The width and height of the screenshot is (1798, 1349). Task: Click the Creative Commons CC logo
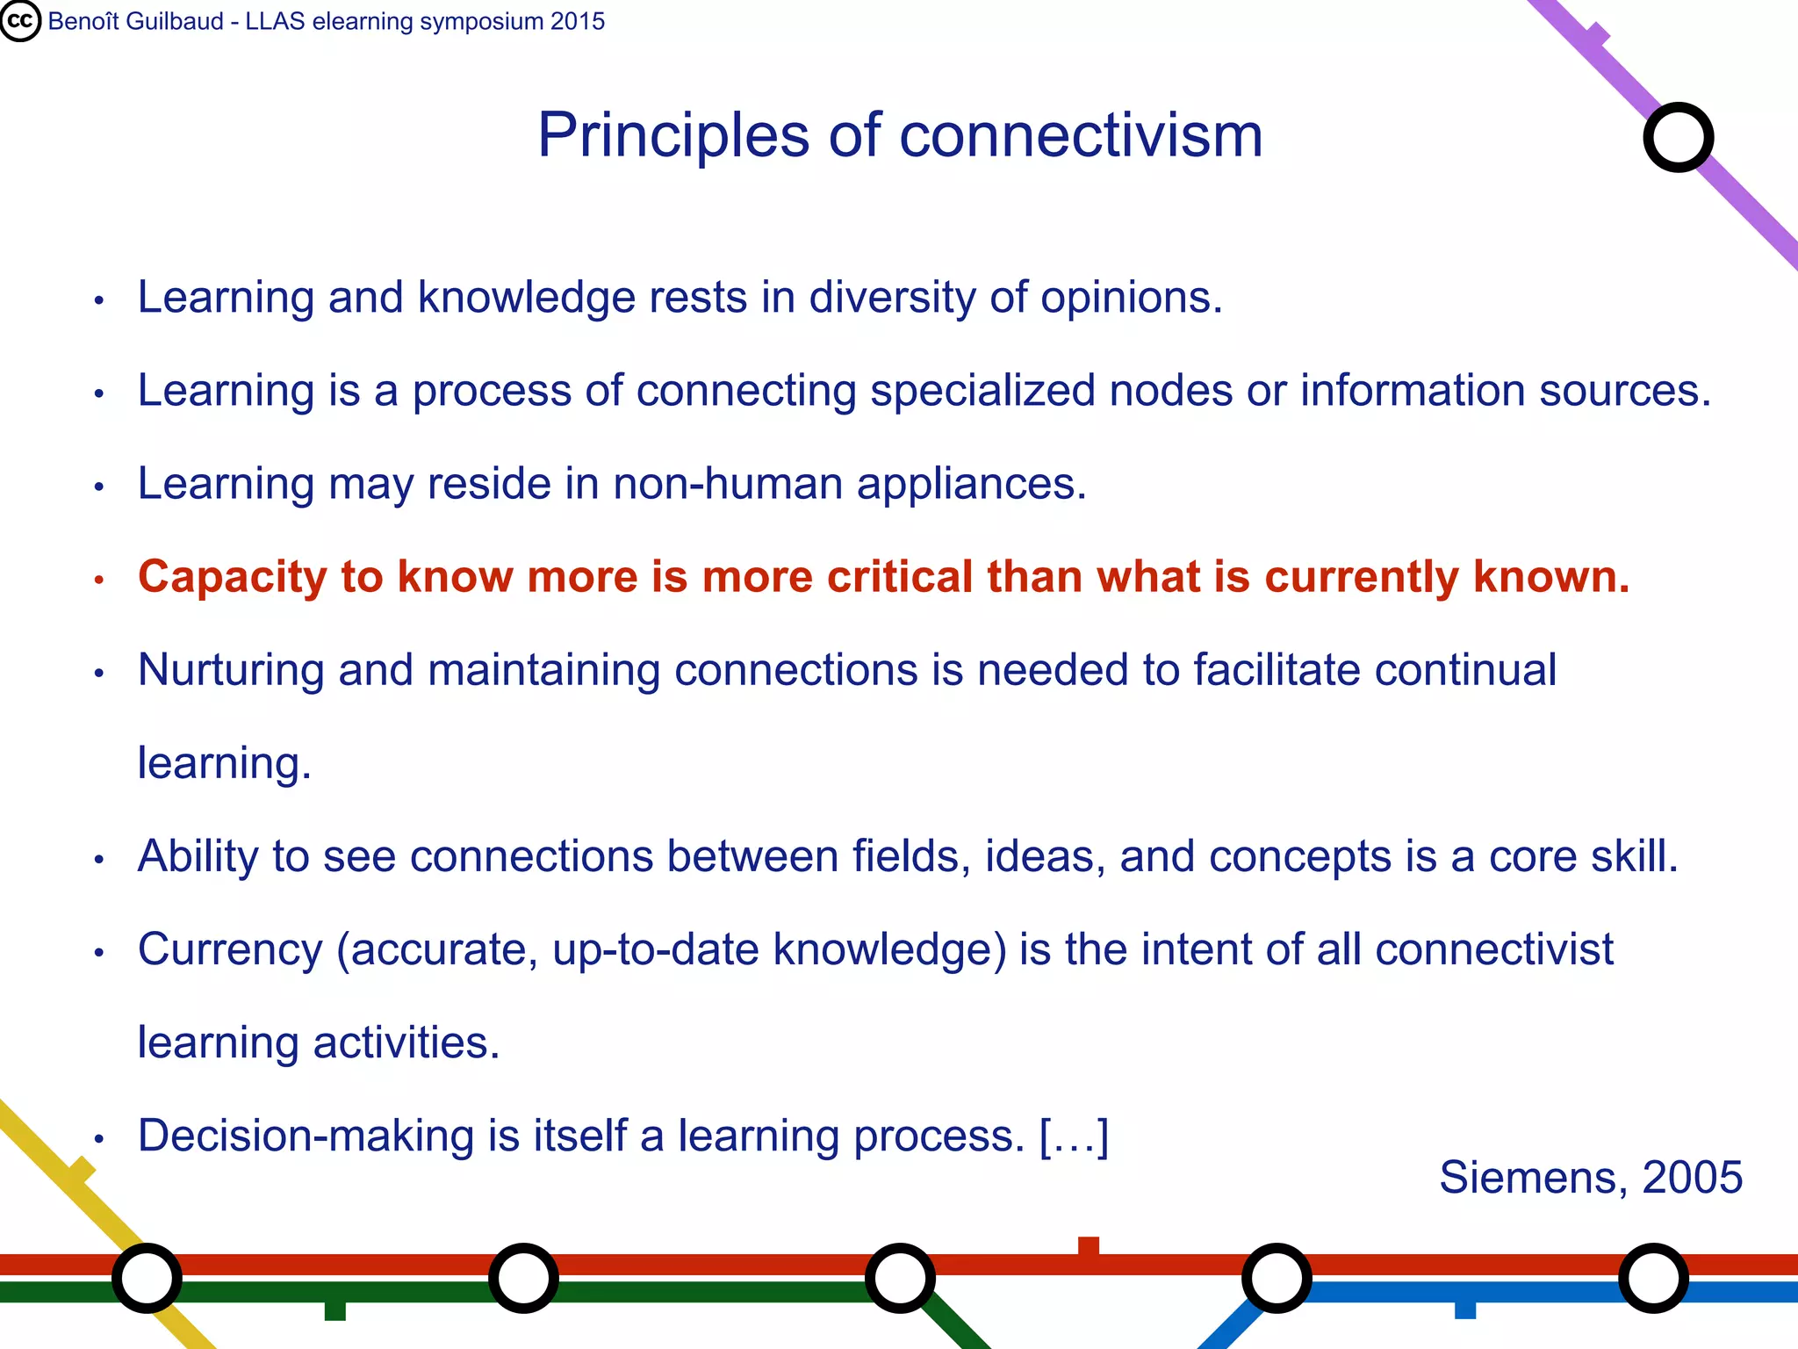click(20, 20)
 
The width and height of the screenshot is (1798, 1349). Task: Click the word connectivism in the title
click(1080, 136)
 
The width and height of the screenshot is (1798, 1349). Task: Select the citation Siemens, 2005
click(1590, 1177)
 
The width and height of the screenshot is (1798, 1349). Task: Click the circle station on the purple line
click(1678, 138)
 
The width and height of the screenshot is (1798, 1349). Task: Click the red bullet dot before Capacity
click(99, 580)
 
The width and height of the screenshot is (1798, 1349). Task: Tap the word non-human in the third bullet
click(728, 484)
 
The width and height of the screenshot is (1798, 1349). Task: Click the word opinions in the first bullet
click(1131, 299)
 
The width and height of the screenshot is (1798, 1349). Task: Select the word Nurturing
click(231, 671)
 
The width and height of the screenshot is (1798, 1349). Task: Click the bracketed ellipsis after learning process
click(1074, 1136)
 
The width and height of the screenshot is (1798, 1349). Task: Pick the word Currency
click(231, 950)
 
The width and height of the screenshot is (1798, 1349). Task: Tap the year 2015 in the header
click(578, 21)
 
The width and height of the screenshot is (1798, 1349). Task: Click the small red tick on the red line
click(1089, 1246)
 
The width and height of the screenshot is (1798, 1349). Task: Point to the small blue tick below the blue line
click(1465, 1309)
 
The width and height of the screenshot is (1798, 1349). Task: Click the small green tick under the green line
click(334, 1310)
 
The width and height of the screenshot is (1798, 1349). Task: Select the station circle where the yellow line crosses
click(147, 1278)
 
